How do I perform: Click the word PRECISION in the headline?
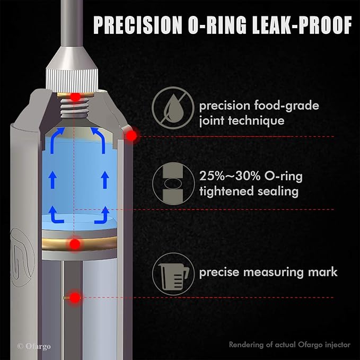pyautogui.click(x=138, y=25)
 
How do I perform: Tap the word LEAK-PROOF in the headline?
pyautogui.click(x=302, y=25)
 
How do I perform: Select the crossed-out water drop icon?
pyautogui.click(x=173, y=108)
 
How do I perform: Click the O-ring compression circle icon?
pyautogui.click(x=173, y=183)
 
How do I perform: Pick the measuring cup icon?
pyautogui.click(x=173, y=274)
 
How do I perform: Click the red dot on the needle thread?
pyautogui.click(x=75, y=97)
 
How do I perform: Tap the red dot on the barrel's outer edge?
pyautogui.click(x=131, y=136)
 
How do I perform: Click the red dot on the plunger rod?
pyautogui.click(x=75, y=298)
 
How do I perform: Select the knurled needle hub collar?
pyautogui.click(x=72, y=79)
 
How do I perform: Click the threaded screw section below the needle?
pyautogui.click(x=74, y=108)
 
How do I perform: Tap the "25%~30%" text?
pyautogui.click(x=230, y=177)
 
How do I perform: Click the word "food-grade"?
pyautogui.click(x=286, y=106)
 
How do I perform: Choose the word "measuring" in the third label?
pyautogui.click(x=274, y=273)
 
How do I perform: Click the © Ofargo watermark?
pyautogui.click(x=34, y=346)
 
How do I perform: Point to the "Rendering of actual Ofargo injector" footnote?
pyautogui.click(x=289, y=345)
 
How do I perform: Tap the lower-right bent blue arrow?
pyautogui.click(x=102, y=215)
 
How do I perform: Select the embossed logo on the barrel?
pyautogui.click(x=22, y=257)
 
